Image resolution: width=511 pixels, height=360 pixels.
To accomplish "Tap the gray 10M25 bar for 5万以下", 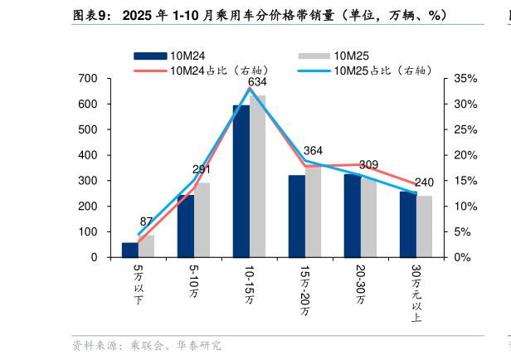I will (146, 246).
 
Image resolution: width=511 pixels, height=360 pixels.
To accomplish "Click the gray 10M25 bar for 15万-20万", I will (313, 211).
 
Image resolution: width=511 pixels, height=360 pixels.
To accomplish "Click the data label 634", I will (257, 82).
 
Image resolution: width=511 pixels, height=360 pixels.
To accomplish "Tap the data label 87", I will (146, 221).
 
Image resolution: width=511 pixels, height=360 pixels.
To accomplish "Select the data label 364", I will (313, 151).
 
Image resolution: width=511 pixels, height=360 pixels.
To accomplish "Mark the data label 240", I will (424, 182).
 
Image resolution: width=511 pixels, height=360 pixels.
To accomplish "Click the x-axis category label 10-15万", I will (249, 286).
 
